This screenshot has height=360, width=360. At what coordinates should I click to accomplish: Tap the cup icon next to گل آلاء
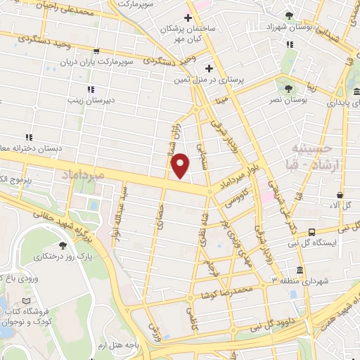[x=340, y=195]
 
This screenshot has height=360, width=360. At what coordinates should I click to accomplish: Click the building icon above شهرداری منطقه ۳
[x=300, y=271]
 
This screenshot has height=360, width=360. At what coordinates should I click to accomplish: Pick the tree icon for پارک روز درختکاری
[x=64, y=245]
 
